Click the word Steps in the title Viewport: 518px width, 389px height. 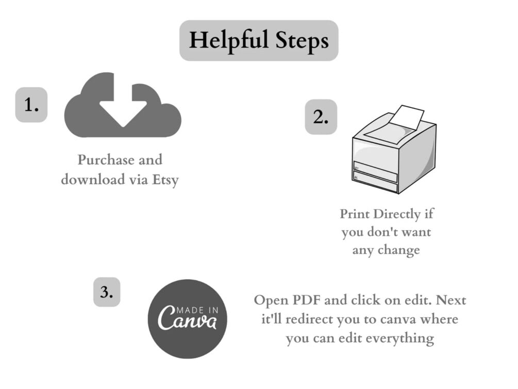click(x=302, y=41)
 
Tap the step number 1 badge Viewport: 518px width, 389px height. click(x=31, y=105)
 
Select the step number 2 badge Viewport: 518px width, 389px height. click(x=321, y=117)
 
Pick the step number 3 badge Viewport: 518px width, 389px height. click(x=107, y=292)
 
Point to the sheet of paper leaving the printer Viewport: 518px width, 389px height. click(x=406, y=118)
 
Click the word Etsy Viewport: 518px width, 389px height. click(x=165, y=180)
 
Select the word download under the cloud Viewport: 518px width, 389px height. click(x=93, y=180)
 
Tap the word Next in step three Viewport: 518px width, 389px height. click(x=451, y=300)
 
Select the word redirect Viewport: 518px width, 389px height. click(x=309, y=319)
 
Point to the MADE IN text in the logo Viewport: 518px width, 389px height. click(x=197, y=310)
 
